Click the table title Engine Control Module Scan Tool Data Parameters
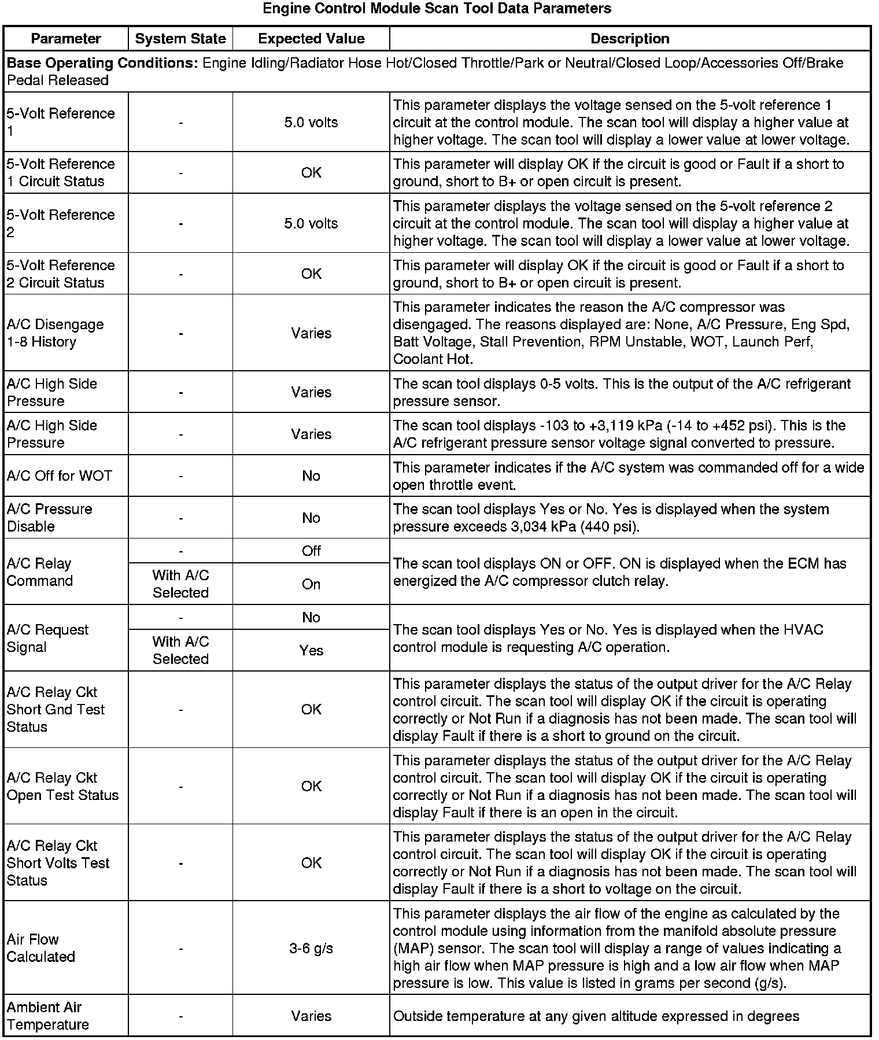(x=437, y=9)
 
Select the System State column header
(x=180, y=39)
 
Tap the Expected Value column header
(x=311, y=39)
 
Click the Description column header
(x=630, y=39)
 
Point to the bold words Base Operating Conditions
(x=102, y=63)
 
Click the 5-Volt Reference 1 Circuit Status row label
(x=61, y=172)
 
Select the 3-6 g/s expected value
(x=311, y=949)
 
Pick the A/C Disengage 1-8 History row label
(x=55, y=333)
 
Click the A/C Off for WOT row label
(x=59, y=475)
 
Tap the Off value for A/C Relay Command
(x=311, y=551)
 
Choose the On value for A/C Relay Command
(x=311, y=584)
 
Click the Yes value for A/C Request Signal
(x=311, y=651)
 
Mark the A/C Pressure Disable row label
(x=49, y=518)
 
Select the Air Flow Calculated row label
(x=40, y=948)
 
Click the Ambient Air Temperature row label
(x=47, y=1016)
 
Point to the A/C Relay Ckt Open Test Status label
(x=62, y=786)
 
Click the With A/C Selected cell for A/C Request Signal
(x=180, y=650)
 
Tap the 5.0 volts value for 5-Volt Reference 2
(x=311, y=223)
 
